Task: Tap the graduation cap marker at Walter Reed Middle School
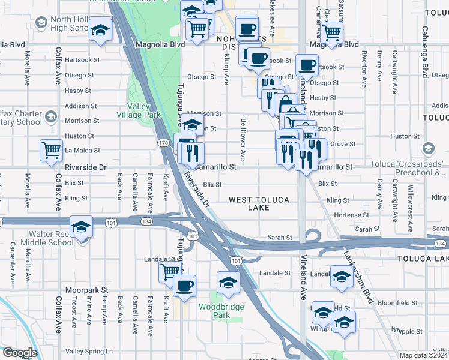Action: [x=81, y=228]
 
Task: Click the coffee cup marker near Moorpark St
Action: [x=184, y=285]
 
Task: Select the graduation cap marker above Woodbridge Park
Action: [x=228, y=281]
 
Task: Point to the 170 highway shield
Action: [x=163, y=143]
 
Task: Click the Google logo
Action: [x=19, y=352]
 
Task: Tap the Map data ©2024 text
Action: [x=424, y=355]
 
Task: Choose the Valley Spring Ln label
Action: [x=89, y=351]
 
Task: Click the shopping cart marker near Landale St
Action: [x=170, y=272]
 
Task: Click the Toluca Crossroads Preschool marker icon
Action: [x=428, y=148]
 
